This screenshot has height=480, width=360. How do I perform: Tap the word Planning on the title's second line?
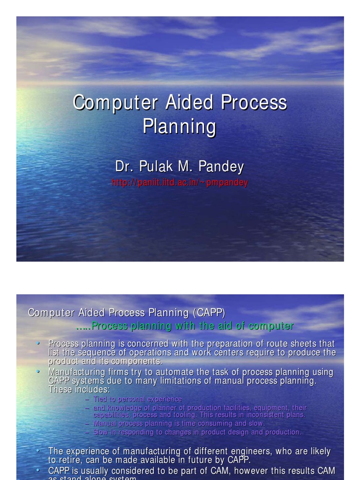[179, 126]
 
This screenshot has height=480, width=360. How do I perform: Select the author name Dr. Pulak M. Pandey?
[180, 166]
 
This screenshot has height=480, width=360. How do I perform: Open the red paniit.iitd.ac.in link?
[180, 182]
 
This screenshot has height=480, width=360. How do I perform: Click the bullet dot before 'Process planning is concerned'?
[38, 343]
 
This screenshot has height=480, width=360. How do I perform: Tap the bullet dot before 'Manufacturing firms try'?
[38, 371]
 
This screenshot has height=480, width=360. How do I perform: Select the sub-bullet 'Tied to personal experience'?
[137, 399]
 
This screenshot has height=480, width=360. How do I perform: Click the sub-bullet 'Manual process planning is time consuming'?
[179, 423]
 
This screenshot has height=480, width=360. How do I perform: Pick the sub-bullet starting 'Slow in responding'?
[197, 432]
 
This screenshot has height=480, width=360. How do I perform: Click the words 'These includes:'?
[79, 390]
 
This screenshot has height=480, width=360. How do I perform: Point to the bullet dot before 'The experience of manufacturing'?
[38, 451]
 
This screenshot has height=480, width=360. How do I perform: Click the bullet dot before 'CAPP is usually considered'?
[38, 469]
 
